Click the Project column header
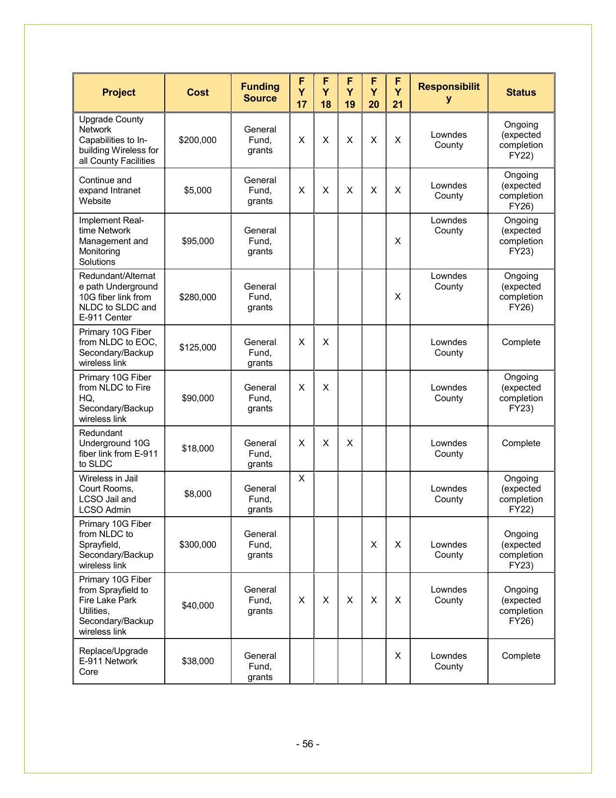[x=118, y=92]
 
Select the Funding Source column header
[x=260, y=92]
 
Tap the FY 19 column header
[x=350, y=92]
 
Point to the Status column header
[x=521, y=92]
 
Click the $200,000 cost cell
[x=198, y=140]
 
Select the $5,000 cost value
[x=198, y=190]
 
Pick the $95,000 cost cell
[x=198, y=241]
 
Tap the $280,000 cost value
[x=198, y=297]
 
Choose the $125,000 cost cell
[x=198, y=348]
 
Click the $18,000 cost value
[x=198, y=449]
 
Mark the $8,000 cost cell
[x=198, y=494]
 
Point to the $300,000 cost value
[x=198, y=545]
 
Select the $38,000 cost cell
[x=198, y=661]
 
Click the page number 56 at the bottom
[x=308, y=744]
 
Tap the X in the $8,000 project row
[x=301, y=479]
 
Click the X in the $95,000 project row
[x=398, y=241]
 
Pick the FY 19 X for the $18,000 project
[x=350, y=443]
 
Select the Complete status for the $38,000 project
[x=521, y=656]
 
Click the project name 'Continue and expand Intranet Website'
[x=110, y=190]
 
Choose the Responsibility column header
[x=448, y=92]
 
